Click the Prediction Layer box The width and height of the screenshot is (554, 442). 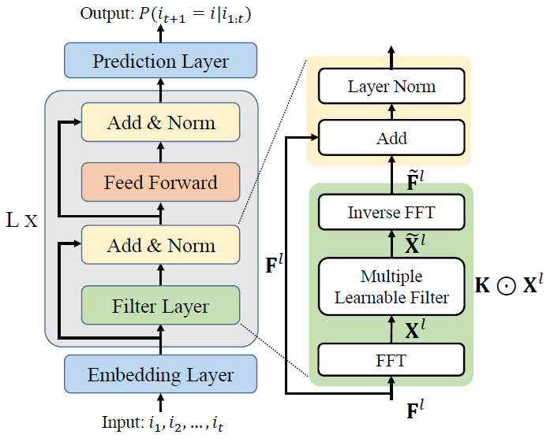pos(160,61)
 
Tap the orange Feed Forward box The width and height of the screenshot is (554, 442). pos(160,183)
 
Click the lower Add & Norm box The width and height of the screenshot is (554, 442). pos(160,245)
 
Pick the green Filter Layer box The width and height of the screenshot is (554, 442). pos(160,306)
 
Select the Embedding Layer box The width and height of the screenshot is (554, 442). pos(160,374)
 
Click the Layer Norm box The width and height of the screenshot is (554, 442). pos(391,86)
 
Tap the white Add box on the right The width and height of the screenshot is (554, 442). pos(391,138)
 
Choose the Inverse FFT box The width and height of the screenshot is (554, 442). pos(391,212)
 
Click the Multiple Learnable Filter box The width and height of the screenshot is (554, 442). pos(391,287)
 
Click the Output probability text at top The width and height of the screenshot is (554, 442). pos(160,13)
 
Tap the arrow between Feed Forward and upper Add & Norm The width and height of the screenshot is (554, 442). pos(160,152)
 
